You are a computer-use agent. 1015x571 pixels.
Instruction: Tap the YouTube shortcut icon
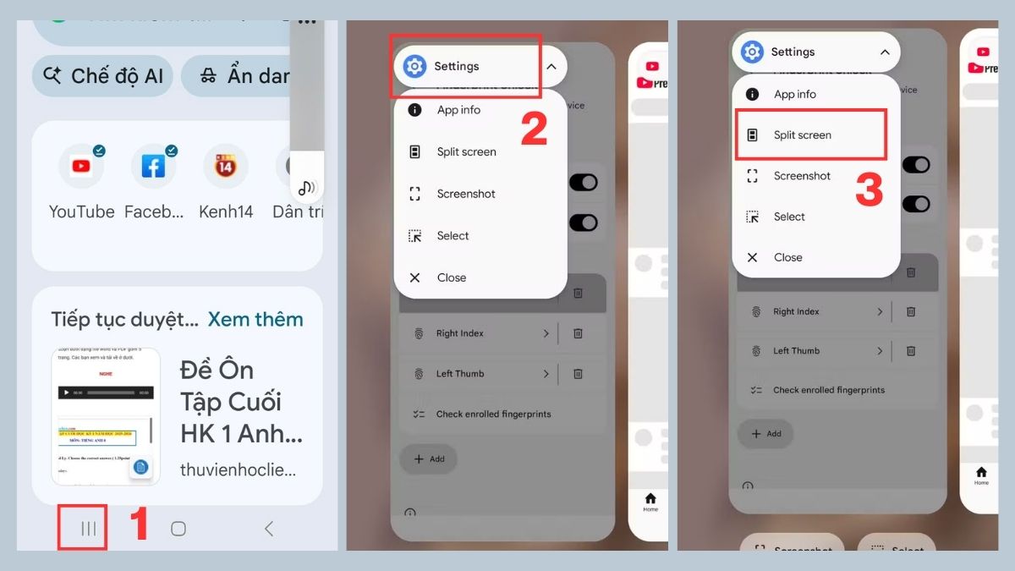(81, 167)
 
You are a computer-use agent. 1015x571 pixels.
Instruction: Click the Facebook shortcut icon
(153, 167)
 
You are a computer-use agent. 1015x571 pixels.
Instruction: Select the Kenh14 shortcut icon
(225, 167)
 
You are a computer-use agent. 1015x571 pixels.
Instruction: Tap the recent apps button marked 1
(88, 529)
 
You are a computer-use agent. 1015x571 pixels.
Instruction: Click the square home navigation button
(178, 529)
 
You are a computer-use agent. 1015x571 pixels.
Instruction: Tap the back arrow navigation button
(269, 529)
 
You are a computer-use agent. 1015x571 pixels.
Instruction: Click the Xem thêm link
(255, 319)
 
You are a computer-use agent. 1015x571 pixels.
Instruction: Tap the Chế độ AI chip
(103, 76)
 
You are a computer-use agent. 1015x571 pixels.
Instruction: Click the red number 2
(534, 129)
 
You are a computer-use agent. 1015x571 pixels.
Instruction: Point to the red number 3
(869, 191)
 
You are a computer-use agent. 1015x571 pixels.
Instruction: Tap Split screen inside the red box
(802, 135)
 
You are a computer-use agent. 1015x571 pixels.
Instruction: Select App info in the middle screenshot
(458, 110)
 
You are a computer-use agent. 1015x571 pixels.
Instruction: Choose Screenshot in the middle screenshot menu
(466, 194)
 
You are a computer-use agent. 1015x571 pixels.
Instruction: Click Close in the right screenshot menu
(787, 257)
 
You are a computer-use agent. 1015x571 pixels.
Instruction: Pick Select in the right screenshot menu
(789, 217)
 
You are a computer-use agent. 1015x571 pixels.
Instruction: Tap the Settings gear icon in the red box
(414, 66)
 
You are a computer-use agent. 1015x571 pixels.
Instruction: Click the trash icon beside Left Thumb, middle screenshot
(578, 373)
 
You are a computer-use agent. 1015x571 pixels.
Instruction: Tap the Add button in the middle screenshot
(429, 458)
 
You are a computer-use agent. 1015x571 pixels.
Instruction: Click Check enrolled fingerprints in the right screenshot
(828, 390)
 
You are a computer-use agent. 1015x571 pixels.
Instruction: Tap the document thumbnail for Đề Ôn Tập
(105, 416)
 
